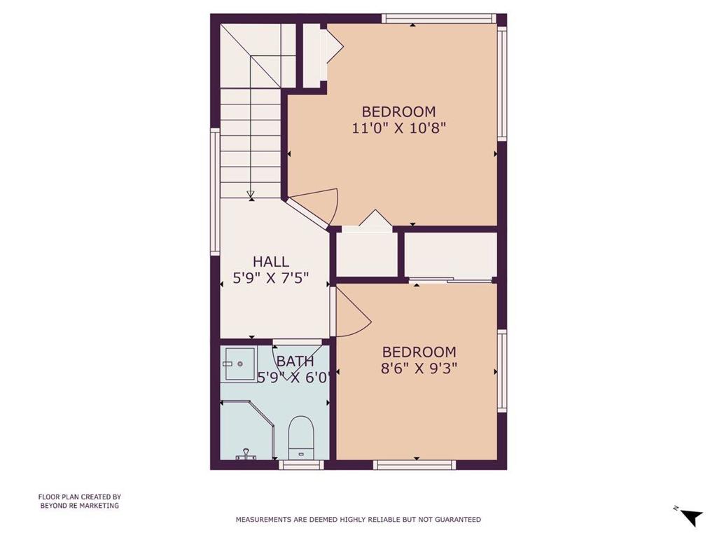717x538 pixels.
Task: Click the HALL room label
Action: (x=271, y=262)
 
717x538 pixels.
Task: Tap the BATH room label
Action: (x=295, y=361)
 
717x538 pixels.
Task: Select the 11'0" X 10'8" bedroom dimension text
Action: (x=398, y=127)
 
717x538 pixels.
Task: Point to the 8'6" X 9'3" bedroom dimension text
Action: (x=419, y=368)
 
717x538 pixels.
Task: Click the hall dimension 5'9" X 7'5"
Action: (x=271, y=277)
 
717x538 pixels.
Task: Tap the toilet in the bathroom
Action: (x=301, y=437)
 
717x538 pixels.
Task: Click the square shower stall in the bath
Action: (x=238, y=364)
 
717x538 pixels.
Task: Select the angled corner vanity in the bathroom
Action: (x=247, y=430)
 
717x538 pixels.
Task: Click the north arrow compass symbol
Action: (x=691, y=516)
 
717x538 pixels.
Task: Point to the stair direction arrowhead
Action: (x=251, y=195)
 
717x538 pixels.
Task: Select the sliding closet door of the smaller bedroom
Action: (x=450, y=279)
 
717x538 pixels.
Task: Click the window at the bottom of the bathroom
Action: (x=301, y=465)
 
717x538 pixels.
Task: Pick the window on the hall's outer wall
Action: (x=215, y=191)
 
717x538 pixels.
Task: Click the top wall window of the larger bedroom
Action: (x=439, y=18)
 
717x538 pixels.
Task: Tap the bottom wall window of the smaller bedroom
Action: (x=415, y=465)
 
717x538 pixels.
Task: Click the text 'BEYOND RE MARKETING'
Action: (x=80, y=506)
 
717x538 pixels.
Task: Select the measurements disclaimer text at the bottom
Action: (x=358, y=519)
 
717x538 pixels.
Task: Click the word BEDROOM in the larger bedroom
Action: (x=398, y=111)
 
